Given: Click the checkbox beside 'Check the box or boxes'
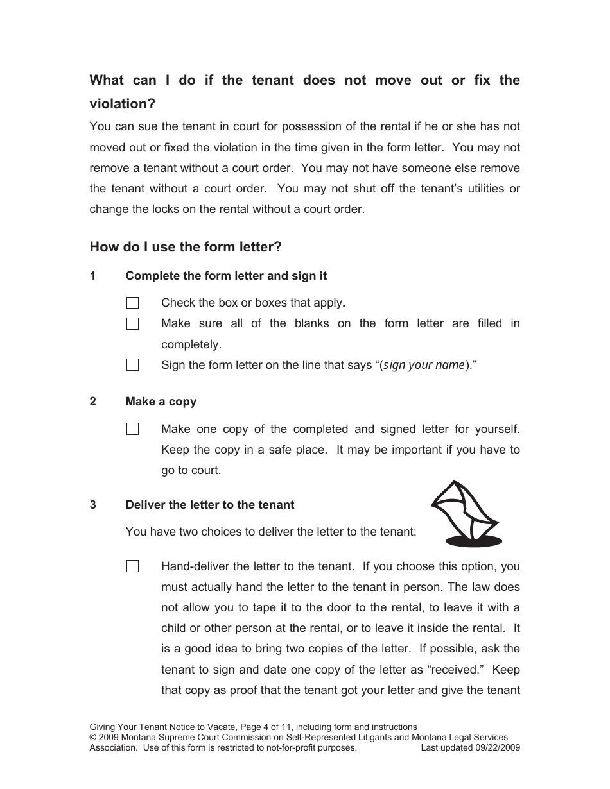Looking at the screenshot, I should coord(132,303).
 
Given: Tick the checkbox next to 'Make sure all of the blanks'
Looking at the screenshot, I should coord(132,324).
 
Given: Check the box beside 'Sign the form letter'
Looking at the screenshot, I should coord(132,365).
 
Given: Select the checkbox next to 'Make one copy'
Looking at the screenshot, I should coord(132,429).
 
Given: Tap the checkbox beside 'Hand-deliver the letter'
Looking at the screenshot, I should coord(132,566).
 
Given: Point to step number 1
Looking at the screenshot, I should coord(93,276).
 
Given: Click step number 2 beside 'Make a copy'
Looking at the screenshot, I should coord(93,402).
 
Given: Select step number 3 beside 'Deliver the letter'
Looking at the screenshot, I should coord(93,505).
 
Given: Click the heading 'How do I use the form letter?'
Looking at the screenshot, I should coord(186,247).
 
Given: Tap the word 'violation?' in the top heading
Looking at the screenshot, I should coord(122,103).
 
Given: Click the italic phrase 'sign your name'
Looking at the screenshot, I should coord(423,365).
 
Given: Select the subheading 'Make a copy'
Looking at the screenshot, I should coord(161,402).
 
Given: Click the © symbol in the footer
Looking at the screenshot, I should coord(92,738).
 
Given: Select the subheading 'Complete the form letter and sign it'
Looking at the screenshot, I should coord(226,276).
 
